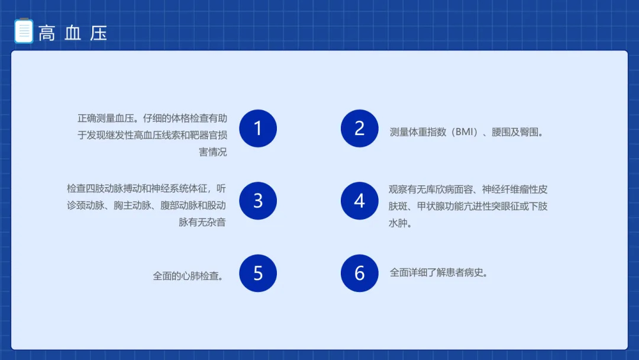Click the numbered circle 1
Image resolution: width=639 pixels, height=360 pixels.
(258, 128)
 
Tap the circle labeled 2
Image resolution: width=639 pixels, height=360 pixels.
(360, 128)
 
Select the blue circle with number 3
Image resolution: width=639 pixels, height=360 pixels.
(258, 201)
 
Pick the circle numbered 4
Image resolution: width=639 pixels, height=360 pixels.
(360, 201)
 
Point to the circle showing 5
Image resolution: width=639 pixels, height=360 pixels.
(258, 273)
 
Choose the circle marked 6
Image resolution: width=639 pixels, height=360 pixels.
(360, 273)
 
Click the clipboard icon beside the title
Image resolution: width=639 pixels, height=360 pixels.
(24, 31)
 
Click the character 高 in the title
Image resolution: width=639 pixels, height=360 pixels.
(47, 33)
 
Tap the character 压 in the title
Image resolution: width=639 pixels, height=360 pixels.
(99, 33)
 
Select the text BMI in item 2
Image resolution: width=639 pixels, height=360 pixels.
(464, 132)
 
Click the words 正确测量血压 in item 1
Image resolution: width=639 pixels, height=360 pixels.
(106, 118)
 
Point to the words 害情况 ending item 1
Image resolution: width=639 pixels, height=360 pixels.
(213, 152)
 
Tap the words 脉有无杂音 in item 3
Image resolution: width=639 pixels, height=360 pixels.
(202, 222)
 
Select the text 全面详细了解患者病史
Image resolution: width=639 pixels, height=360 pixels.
(436, 272)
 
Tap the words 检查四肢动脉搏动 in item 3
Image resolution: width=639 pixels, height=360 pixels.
(104, 189)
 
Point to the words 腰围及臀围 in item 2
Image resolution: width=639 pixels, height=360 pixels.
(515, 132)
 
